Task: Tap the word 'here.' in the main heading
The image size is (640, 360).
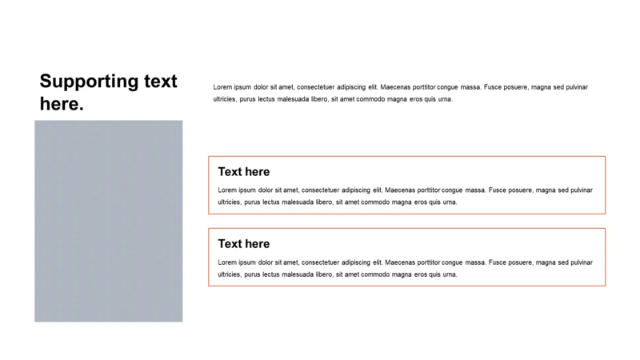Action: [62, 104]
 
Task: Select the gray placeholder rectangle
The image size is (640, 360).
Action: [108, 221]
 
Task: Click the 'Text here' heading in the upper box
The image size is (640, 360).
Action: [244, 172]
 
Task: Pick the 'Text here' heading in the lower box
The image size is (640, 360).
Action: [244, 244]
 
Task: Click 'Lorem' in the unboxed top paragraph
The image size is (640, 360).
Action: [223, 86]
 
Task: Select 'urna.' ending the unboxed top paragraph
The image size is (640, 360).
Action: [444, 99]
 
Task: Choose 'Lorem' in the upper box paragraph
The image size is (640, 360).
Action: [228, 190]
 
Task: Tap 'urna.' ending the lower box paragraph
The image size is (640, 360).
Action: [449, 275]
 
